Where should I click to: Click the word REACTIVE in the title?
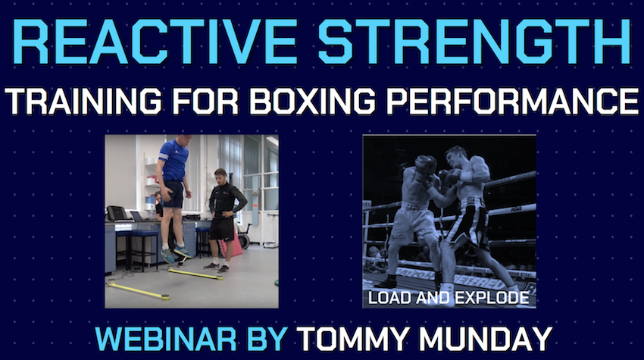click(x=156, y=42)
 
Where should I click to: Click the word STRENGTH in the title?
click(x=474, y=42)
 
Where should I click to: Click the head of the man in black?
click(x=220, y=176)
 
